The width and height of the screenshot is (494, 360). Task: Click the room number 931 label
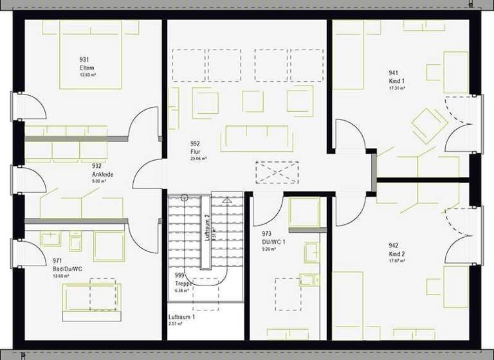(x=84, y=60)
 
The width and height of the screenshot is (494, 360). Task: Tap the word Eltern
(x=86, y=67)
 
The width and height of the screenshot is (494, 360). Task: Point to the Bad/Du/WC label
(x=67, y=268)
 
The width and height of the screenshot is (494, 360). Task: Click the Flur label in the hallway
(x=195, y=151)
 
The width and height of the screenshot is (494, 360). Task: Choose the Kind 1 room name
(x=397, y=81)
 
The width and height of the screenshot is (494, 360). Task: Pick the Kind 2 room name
(x=397, y=254)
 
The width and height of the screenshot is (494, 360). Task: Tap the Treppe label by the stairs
(x=183, y=283)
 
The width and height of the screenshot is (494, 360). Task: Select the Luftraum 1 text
(x=182, y=318)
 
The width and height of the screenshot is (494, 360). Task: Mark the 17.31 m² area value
(x=397, y=88)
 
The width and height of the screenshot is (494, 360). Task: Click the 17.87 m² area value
(x=397, y=261)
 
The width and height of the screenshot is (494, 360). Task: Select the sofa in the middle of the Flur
(x=251, y=138)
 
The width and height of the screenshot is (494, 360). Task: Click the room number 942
(x=393, y=246)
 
